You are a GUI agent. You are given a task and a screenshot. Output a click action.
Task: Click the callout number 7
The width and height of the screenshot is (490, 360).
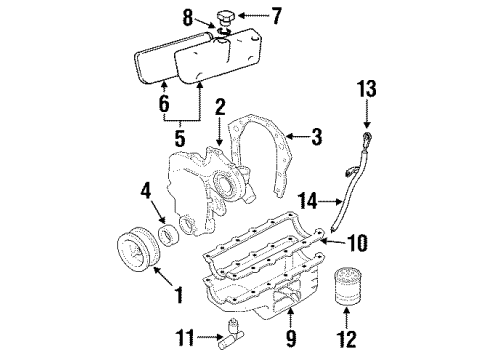pyautogui.click(x=276, y=16)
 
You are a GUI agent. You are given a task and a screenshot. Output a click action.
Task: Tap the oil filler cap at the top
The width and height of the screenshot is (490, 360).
pyautogui.click(x=226, y=18)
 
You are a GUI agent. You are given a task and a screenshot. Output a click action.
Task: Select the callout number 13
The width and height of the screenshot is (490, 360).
pyautogui.click(x=367, y=89)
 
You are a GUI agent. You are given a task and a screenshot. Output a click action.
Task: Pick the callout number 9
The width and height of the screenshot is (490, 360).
pyautogui.click(x=291, y=339)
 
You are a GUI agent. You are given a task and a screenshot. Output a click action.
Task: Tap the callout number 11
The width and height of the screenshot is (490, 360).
pyautogui.click(x=185, y=338)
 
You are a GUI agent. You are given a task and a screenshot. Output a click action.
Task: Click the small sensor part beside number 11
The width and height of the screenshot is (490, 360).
pyautogui.click(x=230, y=334)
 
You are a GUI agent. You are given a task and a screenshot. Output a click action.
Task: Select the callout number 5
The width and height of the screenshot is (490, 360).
pyautogui.click(x=180, y=138)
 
